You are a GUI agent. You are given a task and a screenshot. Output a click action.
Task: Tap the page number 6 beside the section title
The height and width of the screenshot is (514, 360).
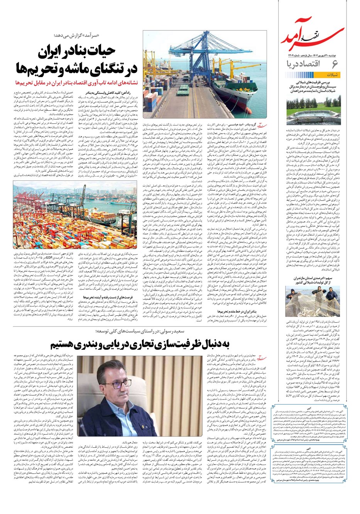pyautogui.click(x=335, y=63)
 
